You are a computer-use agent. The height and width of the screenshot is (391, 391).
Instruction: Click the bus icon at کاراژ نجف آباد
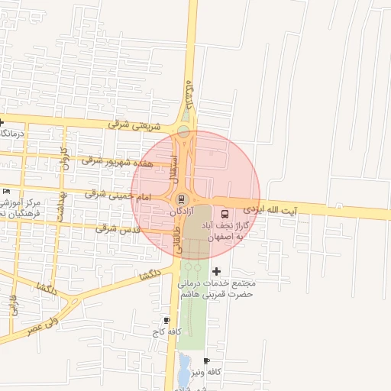[226, 213]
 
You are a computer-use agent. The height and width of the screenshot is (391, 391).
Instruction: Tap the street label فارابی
[13, 305]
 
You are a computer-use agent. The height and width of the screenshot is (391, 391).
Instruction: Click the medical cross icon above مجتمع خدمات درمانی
[216, 271]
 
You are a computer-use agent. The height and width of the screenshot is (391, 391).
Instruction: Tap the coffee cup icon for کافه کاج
[166, 320]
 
